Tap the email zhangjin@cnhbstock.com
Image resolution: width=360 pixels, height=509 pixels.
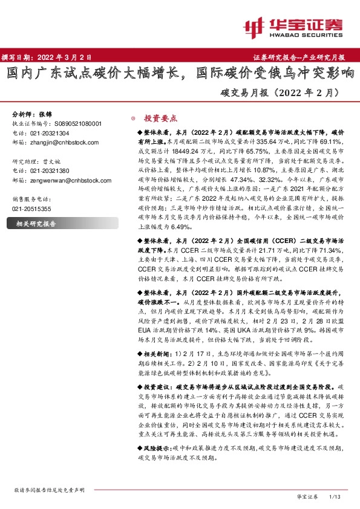64,142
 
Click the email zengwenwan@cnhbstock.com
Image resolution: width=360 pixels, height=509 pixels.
68,180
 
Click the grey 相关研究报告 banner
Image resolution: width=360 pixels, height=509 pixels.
36,224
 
